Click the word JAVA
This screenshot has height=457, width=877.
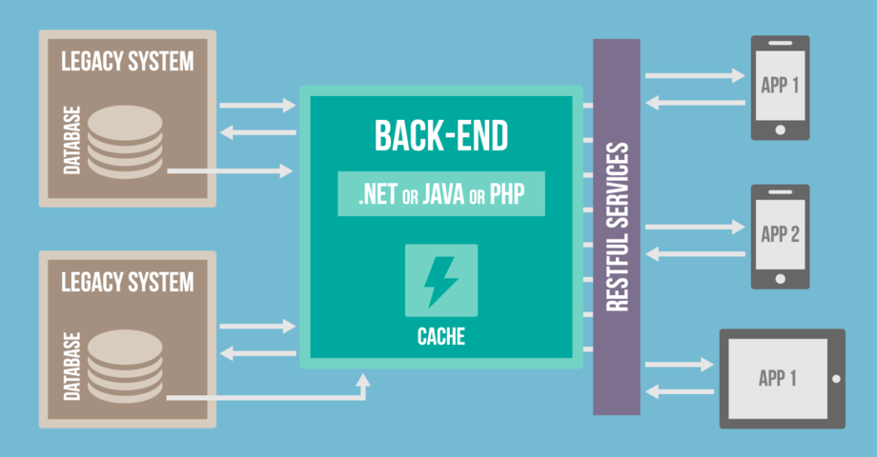[445, 197]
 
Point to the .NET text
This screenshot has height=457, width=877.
[377, 197]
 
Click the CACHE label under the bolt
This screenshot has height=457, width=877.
[440, 337]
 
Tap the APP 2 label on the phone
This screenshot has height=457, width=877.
[780, 234]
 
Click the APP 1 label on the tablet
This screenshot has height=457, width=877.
[777, 378]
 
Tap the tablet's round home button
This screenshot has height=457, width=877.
[836, 378]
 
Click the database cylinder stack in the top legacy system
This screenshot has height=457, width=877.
[125, 141]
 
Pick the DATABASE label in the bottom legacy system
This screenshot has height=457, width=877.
[71, 367]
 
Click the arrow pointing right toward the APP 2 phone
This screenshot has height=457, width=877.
[694, 227]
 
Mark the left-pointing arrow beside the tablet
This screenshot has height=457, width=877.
[680, 390]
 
